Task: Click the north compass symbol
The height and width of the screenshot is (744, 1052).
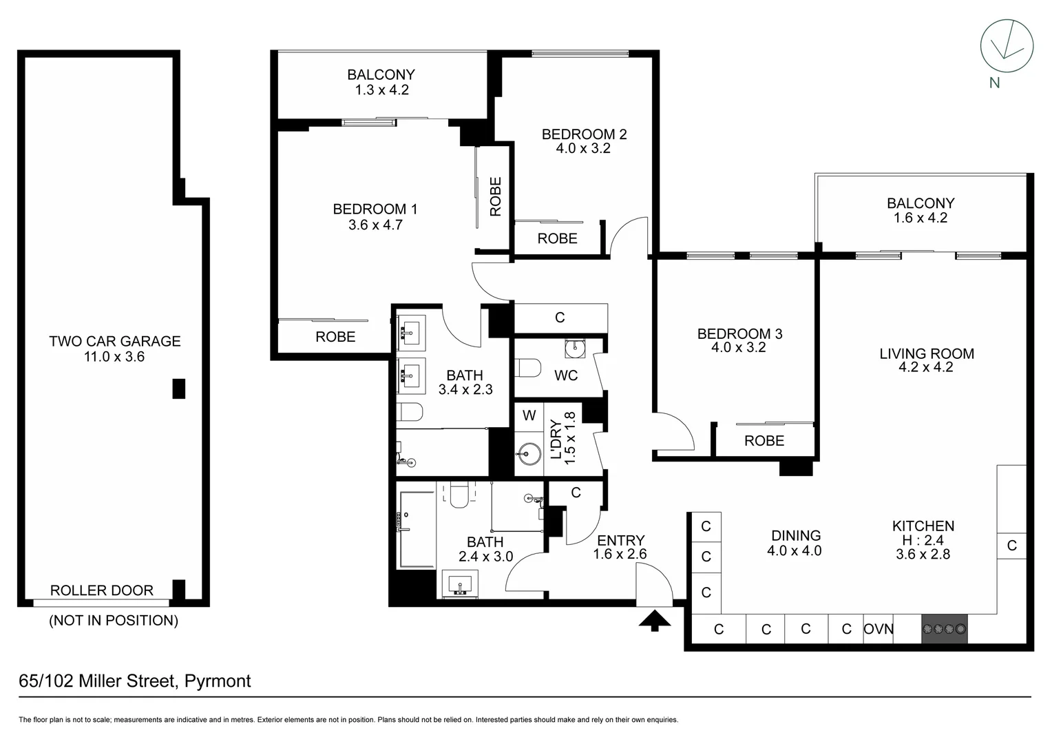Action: pyautogui.click(x=1007, y=46)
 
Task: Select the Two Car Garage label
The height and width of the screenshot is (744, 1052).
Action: pyautogui.click(x=115, y=341)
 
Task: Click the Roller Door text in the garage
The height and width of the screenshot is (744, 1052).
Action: pyautogui.click(x=102, y=590)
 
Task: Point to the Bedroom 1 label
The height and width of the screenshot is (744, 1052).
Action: pyautogui.click(x=375, y=209)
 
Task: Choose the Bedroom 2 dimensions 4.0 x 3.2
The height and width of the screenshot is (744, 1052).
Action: pyautogui.click(x=583, y=148)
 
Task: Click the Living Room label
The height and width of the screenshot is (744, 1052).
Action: pyautogui.click(x=926, y=353)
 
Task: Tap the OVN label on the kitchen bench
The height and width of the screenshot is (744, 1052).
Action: pyautogui.click(x=879, y=629)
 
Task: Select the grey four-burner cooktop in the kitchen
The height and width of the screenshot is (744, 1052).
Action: pyautogui.click(x=945, y=629)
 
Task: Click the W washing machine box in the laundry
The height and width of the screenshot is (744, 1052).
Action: pyautogui.click(x=529, y=415)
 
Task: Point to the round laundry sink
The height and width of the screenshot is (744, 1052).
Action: pyautogui.click(x=529, y=453)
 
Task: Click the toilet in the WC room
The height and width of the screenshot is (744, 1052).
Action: pyautogui.click(x=527, y=369)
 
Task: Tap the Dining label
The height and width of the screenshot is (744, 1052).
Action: pyautogui.click(x=796, y=535)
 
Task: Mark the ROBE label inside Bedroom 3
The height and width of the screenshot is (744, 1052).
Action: pyautogui.click(x=764, y=441)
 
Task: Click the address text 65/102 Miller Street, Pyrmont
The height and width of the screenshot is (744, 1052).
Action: pyautogui.click(x=135, y=681)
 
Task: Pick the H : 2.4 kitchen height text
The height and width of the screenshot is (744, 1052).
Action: pyautogui.click(x=923, y=541)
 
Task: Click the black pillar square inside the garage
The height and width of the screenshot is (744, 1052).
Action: pyautogui.click(x=179, y=389)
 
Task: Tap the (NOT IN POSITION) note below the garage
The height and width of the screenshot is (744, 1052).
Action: pyautogui.click(x=114, y=621)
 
